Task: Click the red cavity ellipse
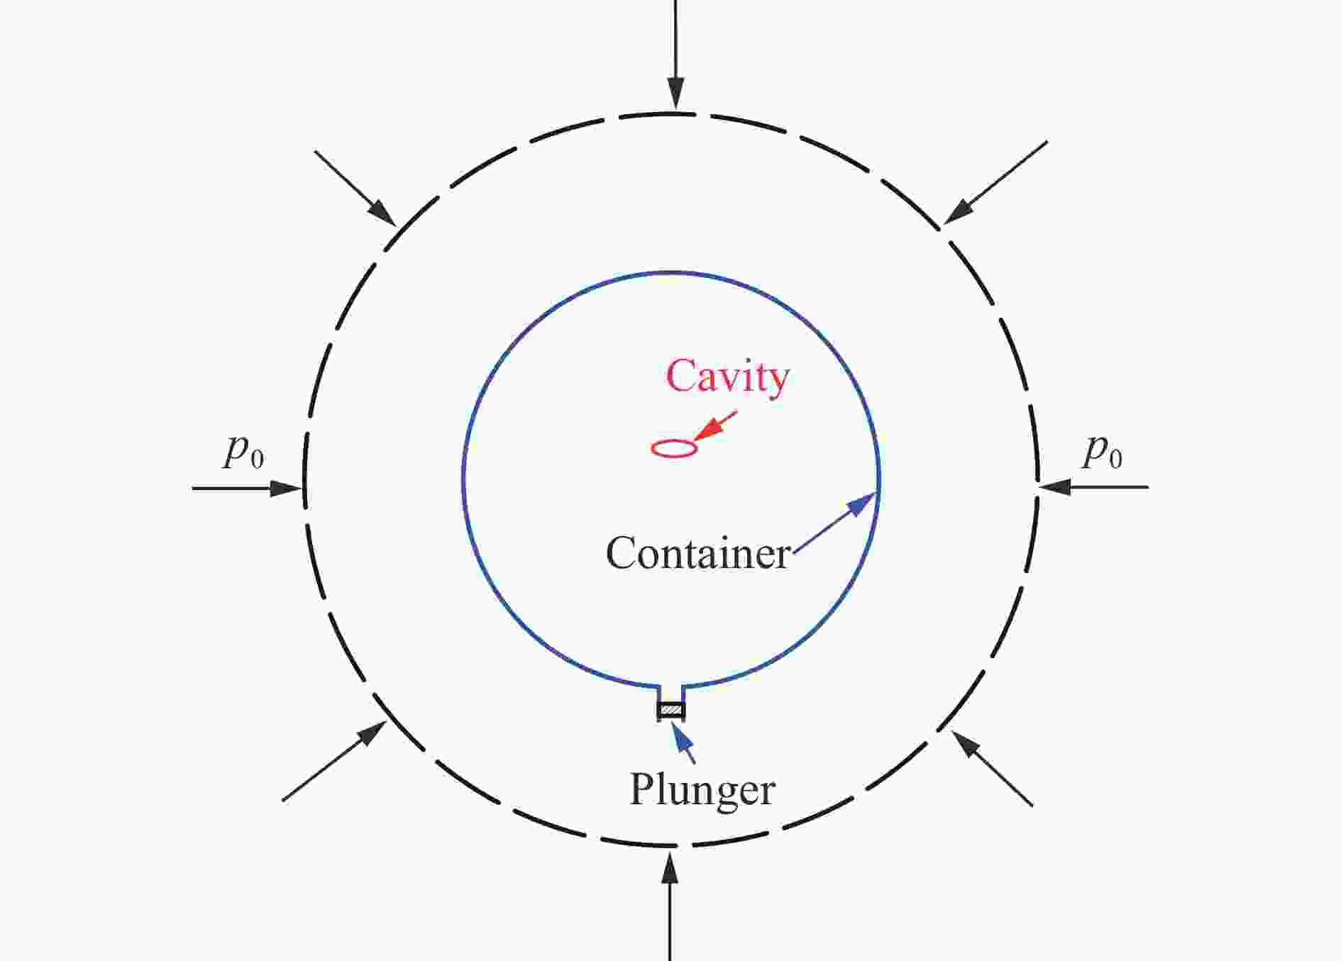pos(674,448)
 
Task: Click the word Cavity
pos(727,377)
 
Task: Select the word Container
pos(698,554)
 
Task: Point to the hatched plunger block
pos(670,709)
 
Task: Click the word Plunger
pos(702,789)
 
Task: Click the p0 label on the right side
pos(1102,451)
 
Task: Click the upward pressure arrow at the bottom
pos(670,908)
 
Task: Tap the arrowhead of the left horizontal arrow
pos(287,488)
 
